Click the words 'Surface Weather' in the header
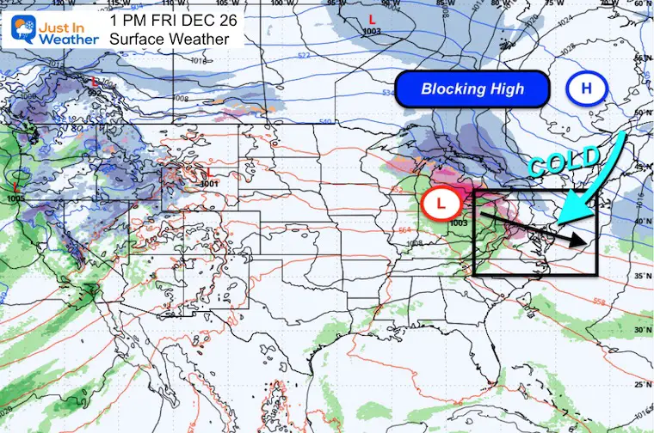pyautogui.click(x=170, y=38)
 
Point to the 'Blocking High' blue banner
pyautogui.click(x=472, y=88)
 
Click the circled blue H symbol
pyautogui.click(x=587, y=88)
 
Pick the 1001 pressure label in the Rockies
pyautogui.click(x=208, y=183)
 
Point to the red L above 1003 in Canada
pyautogui.click(x=372, y=18)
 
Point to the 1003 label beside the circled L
pyautogui.click(x=458, y=223)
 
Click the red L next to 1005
pyautogui.click(x=16, y=186)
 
